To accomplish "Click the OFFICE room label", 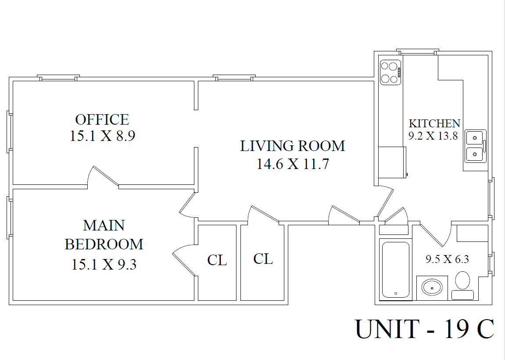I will tap(102, 119).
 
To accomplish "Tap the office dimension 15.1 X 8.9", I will tap(102, 136).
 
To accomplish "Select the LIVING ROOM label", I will tap(293, 146).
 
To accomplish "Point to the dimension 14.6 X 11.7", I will tap(293, 164).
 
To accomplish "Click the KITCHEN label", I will tap(434, 123).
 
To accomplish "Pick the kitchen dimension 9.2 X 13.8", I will tap(433, 136).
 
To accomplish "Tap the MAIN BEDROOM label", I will tap(104, 234).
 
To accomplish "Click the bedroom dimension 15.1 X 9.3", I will tap(104, 264).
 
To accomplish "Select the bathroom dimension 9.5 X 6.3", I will tap(447, 259).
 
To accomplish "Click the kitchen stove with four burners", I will tap(390, 72).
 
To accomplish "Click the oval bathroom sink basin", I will tap(432, 288).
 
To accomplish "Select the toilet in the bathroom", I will tap(462, 286).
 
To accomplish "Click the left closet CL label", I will tap(217, 260).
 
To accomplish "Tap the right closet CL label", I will tap(263, 259).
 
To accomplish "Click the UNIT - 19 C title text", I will tap(424, 329).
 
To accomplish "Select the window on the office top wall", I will tap(58, 78).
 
